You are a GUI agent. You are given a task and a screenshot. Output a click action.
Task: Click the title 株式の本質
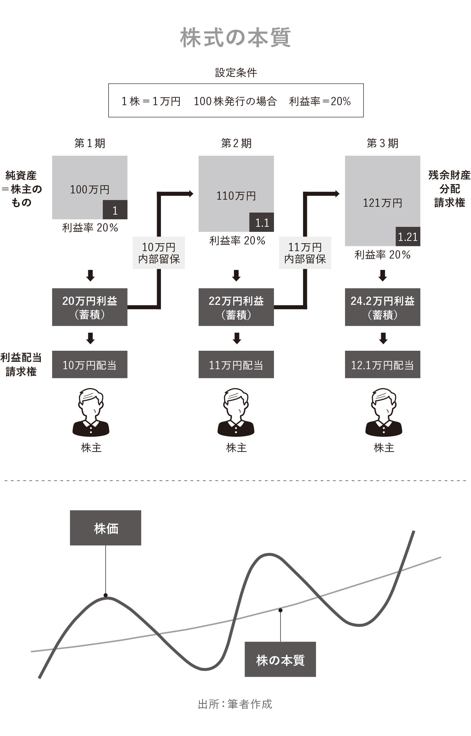point(235,38)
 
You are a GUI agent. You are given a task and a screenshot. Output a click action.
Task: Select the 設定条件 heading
point(236,73)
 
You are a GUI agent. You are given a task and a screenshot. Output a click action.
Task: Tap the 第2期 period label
point(236,143)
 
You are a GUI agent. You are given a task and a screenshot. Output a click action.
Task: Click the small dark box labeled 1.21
point(408,237)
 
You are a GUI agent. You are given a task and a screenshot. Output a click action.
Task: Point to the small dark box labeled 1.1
point(262,222)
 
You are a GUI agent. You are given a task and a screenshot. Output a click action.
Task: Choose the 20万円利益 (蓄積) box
point(90,307)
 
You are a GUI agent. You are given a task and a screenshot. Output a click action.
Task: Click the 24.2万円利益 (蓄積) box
point(383,307)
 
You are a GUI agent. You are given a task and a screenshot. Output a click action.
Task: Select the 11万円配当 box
point(236,365)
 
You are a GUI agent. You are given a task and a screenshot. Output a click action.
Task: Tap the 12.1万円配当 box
point(383,365)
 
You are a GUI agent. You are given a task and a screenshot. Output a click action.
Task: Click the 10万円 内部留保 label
point(159,253)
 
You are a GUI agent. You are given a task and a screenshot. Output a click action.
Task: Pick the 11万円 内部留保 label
point(305,253)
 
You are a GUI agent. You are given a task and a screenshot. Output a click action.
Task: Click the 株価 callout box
point(106,528)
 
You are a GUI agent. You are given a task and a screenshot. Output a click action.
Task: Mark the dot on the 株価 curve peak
point(106,595)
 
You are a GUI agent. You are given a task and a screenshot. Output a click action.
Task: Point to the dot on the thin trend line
point(280,610)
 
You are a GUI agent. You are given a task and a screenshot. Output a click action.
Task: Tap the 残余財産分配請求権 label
point(449,189)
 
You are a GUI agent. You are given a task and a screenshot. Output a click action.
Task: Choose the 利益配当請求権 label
point(21,364)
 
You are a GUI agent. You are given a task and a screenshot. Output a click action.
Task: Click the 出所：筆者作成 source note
point(235,704)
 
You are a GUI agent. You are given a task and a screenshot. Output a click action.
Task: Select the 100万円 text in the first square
point(89,189)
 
